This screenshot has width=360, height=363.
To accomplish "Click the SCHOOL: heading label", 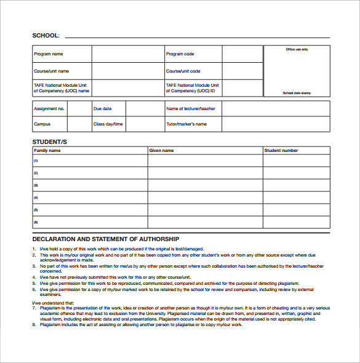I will [46, 35].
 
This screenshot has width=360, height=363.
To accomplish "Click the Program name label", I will [49, 54].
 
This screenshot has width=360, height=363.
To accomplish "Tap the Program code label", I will [180, 54].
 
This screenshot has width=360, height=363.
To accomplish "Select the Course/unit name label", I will [51, 71].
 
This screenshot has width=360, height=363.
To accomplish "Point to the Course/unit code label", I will [183, 71].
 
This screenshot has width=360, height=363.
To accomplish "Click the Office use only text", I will [297, 49].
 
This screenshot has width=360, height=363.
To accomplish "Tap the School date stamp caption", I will [297, 93].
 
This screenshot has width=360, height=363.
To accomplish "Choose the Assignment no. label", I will [49, 109].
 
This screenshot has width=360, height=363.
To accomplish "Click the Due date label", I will [102, 109].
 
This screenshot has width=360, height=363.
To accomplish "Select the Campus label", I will [42, 124].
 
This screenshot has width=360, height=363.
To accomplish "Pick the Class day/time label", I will [108, 124].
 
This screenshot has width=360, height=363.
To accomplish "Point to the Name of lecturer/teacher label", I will [191, 109].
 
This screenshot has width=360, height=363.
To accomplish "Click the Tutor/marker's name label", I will [186, 124].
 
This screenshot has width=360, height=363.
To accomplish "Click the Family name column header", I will [47, 150].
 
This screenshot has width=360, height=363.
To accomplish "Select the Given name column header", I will [162, 150].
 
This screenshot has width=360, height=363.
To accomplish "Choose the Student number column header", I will [281, 150].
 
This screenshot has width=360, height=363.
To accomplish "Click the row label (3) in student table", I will [36, 185].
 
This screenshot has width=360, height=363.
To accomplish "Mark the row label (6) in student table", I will [36, 222].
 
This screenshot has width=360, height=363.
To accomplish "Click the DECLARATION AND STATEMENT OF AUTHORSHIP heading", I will [105, 239].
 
